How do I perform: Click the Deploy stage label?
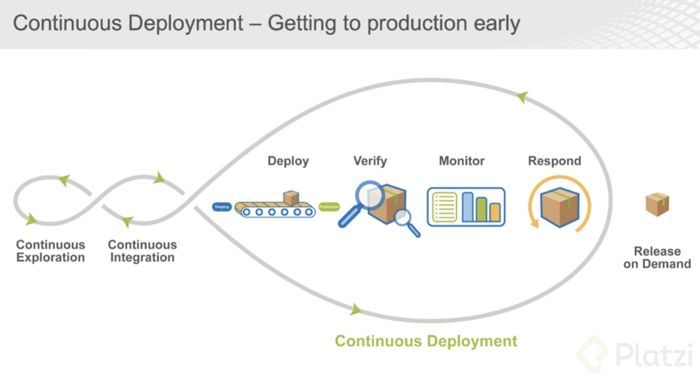pyautogui.click(x=288, y=161)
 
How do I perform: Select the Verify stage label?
pyautogui.click(x=370, y=161)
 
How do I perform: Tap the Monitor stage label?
pyautogui.click(x=461, y=161)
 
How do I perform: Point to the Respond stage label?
pyautogui.click(x=554, y=161)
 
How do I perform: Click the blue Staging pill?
pyautogui.click(x=222, y=207)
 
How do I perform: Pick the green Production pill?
pyautogui.click(x=329, y=207)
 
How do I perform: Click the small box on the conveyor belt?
pyautogui.click(x=291, y=198)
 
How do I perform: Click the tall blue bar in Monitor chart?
pyautogui.click(x=468, y=207)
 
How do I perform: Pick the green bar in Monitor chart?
pyautogui.click(x=482, y=210)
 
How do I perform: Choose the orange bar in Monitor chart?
pyautogui.click(x=495, y=212)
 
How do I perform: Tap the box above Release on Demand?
pyautogui.click(x=657, y=205)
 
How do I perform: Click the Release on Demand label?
pyautogui.click(x=657, y=258)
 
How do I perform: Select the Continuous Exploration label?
pyautogui.click(x=50, y=252)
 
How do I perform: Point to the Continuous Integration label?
pyautogui.click(x=142, y=252)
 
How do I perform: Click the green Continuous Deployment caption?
pyautogui.click(x=426, y=341)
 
